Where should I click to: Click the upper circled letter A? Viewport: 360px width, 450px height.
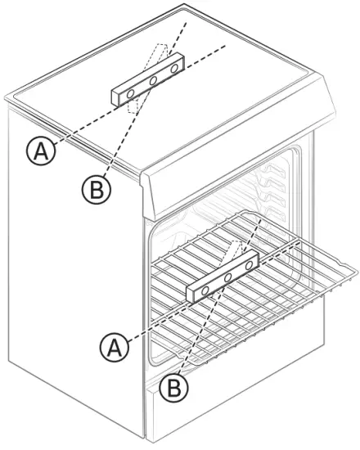click(x=37, y=151)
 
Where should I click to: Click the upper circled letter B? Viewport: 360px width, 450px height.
click(x=94, y=190)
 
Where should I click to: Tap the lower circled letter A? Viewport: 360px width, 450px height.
click(x=116, y=349)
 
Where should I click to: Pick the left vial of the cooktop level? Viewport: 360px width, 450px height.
click(x=131, y=96)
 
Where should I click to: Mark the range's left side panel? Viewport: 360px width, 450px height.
click(x=74, y=286)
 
